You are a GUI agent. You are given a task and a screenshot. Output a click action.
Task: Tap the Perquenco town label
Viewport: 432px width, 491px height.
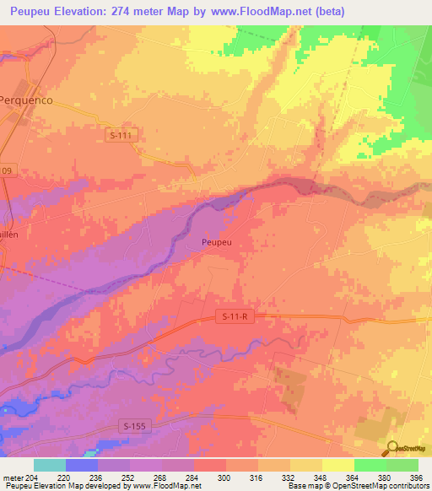[x=25, y=99]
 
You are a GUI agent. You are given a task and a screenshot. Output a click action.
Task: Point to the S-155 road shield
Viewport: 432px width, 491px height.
[x=133, y=426]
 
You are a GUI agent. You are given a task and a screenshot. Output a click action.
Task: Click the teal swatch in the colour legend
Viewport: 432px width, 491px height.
[x=50, y=465]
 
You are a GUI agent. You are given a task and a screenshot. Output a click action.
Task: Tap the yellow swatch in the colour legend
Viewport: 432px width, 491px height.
[x=338, y=465]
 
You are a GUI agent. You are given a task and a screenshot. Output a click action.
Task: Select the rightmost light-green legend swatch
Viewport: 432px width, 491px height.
[x=402, y=465]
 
